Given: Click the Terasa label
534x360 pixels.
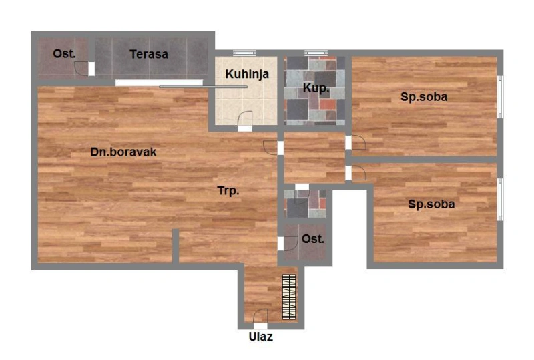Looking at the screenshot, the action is click(x=149, y=54).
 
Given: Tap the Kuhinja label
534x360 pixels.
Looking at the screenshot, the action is click(x=247, y=74).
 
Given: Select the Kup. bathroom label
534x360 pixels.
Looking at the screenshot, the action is click(x=316, y=88).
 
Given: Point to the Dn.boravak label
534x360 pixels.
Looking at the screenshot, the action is click(x=123, y=152).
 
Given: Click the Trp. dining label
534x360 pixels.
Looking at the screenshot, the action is click(x=228, y=190).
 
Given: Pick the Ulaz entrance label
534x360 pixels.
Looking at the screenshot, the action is click(x=260, y=337).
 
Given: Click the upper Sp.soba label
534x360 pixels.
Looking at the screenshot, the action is click(x=424, y=97).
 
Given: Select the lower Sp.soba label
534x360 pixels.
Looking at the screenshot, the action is click(x=431, y=204).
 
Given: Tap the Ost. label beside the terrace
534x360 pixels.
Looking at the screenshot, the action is click(x=64, y=54).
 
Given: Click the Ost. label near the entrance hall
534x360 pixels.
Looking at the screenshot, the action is click(x=313, y=239).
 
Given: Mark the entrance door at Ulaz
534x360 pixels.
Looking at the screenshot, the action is click(x=260, y=316).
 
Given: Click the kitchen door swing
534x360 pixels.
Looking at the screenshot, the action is click(x=245, y=119).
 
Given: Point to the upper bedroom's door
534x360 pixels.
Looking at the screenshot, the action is click(x=358, y=142).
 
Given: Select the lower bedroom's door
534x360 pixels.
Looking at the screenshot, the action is click(x=358, y=172).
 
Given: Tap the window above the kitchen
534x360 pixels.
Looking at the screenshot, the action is click(x=244, y=53).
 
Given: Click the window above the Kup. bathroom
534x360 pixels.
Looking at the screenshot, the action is click(x=316, y=53).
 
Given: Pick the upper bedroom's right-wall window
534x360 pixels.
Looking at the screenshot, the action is click(x=500, y=97).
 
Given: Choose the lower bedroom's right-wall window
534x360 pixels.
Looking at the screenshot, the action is click(x=500, y=200).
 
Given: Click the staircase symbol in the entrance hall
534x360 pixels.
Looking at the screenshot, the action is click(x=289, y=297).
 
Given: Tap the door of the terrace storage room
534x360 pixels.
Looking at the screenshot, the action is click(x=81, y=69).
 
